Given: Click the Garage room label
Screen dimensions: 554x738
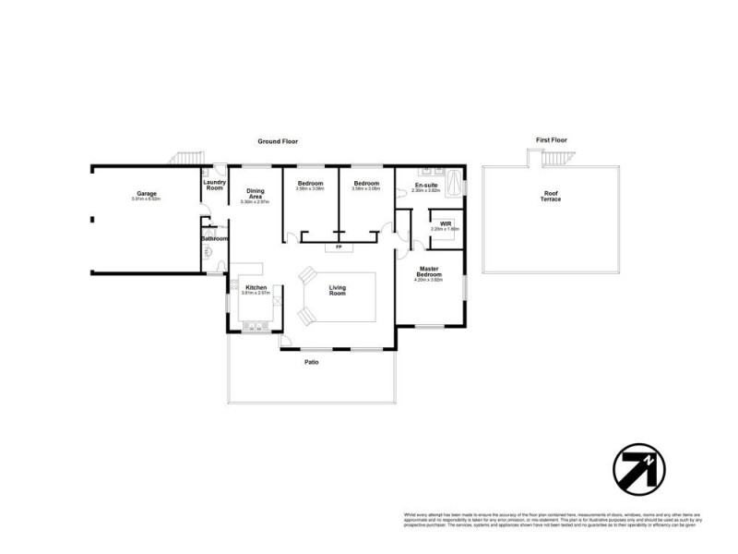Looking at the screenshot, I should tap(146, 193).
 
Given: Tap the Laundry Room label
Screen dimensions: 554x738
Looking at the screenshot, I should tap(214, 185).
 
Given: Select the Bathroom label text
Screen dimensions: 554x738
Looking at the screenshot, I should tap(215, 239).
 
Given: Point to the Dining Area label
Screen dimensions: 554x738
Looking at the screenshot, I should tap(256, 194).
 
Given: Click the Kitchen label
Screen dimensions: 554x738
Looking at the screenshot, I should tap(256, 287).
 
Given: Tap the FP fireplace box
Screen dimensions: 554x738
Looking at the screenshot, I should tap(339, 247).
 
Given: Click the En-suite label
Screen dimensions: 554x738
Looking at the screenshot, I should tap(425, 186).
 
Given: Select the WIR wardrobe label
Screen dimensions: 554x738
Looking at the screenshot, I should tap(445, 223).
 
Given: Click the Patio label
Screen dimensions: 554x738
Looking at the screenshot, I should tap(312, 362).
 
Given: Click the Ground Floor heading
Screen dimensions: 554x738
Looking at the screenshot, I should tap(278, 141).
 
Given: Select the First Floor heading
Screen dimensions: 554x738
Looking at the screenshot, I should tap(551, 139).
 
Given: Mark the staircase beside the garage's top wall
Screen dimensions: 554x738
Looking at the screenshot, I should tap(188, 158).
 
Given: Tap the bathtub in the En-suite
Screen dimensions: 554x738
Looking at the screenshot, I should tap(455, 187).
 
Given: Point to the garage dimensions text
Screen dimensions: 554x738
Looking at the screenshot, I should tap(146, 199).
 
